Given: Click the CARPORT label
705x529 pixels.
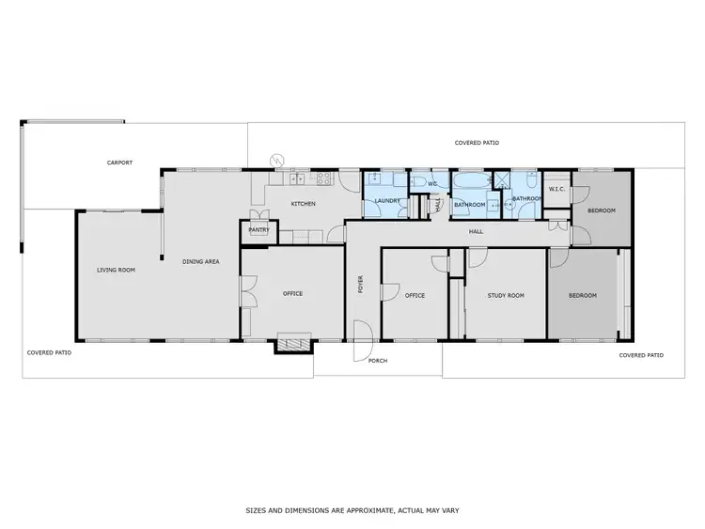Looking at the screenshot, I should (119, 163).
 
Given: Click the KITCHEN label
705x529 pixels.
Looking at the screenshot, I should (303, 204).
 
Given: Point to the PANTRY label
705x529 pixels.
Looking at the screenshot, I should (258, 228).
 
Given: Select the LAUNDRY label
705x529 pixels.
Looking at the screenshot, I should (387, 201).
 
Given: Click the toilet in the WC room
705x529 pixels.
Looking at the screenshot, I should (420, 180).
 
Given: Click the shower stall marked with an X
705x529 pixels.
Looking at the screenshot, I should (503, 182).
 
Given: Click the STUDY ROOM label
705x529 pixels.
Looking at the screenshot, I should (506, 296).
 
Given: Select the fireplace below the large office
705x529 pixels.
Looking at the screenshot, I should (291, 345).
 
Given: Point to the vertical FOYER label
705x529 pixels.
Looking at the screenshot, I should (360, 283).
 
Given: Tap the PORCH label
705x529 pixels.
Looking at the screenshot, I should (378, 361).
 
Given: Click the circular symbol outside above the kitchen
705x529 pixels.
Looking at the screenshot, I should (275, 160).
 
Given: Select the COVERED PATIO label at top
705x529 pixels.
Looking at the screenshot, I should (477, 143).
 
